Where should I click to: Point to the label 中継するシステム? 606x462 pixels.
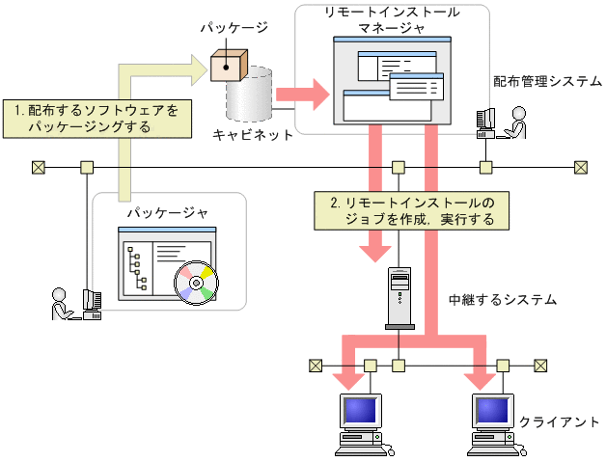pyautogui.click(x=503, y=300)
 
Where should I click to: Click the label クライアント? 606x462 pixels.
pyautogui.click(x=561, y=421)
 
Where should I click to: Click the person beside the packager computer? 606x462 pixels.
pyautogui.click(x=61, y=303)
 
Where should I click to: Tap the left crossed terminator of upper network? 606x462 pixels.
pyautogui.click(x=39, y=168)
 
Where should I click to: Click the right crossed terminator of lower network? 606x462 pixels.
pyautogui.click(x=540, y=366)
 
